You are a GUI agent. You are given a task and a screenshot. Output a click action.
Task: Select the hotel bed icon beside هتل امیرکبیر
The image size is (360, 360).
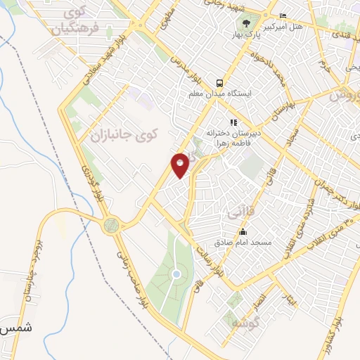point(283,16)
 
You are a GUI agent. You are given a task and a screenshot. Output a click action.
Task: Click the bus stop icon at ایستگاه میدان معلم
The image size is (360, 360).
point(219,82)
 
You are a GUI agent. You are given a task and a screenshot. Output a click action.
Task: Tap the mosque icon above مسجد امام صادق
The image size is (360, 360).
point(243,232)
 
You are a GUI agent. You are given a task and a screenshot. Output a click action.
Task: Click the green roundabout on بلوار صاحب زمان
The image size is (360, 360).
point(110,226)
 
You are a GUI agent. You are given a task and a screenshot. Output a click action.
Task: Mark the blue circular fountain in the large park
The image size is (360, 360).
point(176,274)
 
